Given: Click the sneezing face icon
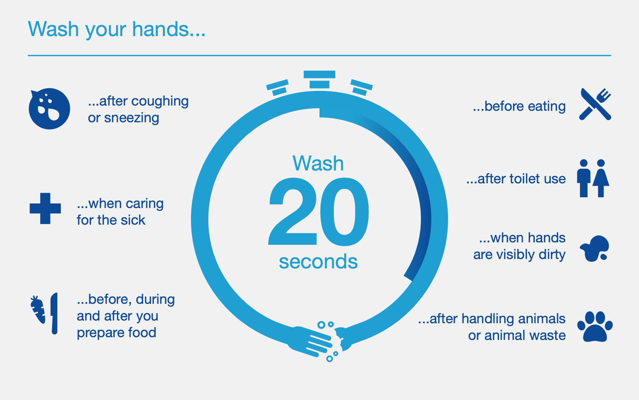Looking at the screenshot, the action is click(49, 109).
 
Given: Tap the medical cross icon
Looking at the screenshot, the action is click(45, 208).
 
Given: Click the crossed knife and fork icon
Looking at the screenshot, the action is click(595, 104).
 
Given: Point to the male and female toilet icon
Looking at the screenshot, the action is click(593, 178).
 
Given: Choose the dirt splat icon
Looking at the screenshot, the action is click(595, 248).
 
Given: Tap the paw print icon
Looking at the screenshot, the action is click(595, 326).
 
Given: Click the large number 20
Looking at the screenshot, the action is click(319, 211).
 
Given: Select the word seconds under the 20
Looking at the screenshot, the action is click(318, 261).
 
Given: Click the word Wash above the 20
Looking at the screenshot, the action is click(318, 163).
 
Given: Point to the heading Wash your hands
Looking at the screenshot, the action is click(117, 29).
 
